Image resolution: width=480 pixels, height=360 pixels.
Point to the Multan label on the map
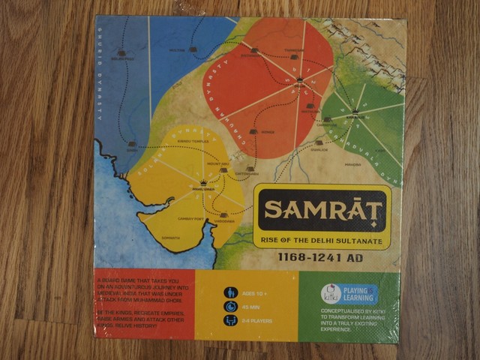tap(178, 51)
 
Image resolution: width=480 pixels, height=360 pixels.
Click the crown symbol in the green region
tap(354, 112)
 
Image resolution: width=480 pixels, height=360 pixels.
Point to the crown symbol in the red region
tap(299, 78)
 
